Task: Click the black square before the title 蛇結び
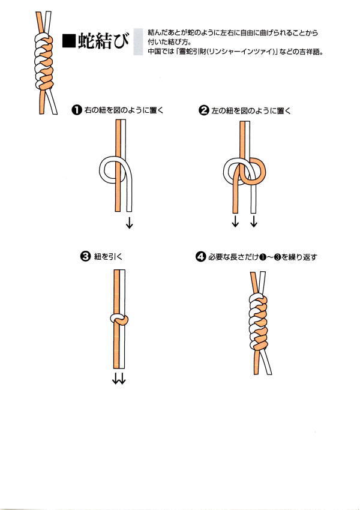coord(69,41)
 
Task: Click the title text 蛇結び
coord(103,41)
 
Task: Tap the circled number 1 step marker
coord(76,110)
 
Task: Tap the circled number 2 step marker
coord(203,110)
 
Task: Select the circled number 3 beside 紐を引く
coord(85,257)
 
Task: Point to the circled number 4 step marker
coord(200,257)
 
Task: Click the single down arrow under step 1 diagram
coord(129,223)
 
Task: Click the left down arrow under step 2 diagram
coord(235,221)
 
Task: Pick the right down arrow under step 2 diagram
coord(254,221)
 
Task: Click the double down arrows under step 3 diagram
coord(119,378)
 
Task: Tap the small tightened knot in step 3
coord(119,319)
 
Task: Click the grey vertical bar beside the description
coord(138,41)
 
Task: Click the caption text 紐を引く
coord(108,257)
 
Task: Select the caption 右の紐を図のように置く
coord(124,110)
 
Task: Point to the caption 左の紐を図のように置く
coord(251,110)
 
